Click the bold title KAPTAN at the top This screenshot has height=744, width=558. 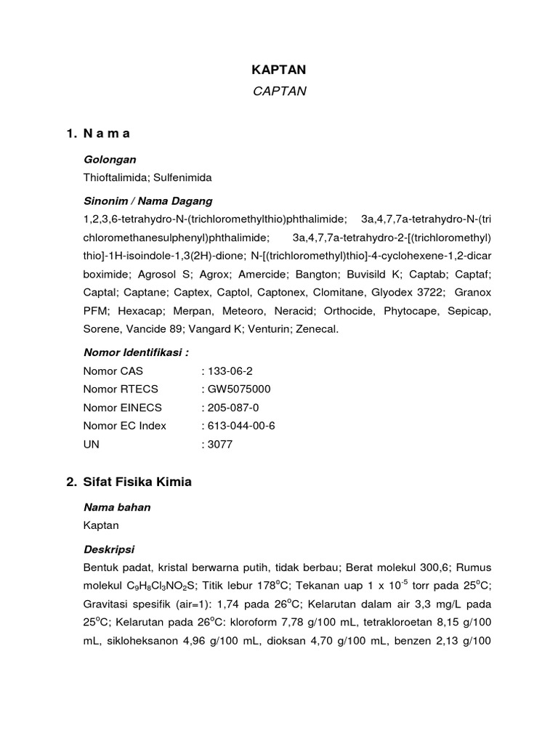pos(278,70)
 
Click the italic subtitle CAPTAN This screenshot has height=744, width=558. pos(278,92)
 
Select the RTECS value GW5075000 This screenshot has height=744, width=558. pos(239,389)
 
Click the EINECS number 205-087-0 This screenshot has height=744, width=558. pos(233,408)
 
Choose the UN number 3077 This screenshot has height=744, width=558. pos(219,444)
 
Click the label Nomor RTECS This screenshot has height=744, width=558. pos(121,389)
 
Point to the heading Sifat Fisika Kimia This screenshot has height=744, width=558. pos(138,482)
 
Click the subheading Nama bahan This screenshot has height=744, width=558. pos(117,507)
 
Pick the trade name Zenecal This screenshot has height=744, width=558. pos(318,329)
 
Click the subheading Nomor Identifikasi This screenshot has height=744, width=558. pos(136,353)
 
